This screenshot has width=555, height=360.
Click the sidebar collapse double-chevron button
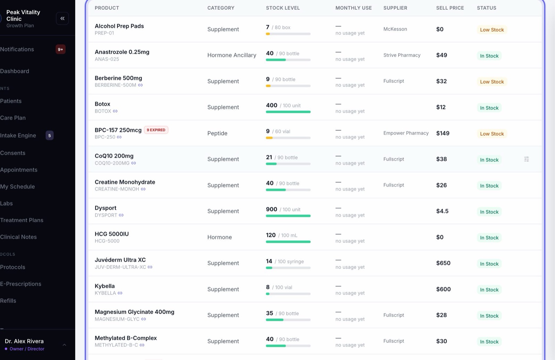(x=62, y=18)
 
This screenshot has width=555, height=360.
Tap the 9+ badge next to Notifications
(x=60, y=49)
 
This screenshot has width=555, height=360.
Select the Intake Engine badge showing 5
(x=50, y=135)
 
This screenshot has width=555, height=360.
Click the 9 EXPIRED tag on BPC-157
(x=156, y=130)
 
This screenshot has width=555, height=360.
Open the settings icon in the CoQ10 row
(x=527, y=159)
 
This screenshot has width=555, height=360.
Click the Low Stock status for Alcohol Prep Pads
(x=492, y=30)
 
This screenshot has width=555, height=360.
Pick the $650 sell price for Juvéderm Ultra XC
(x=443, y=263)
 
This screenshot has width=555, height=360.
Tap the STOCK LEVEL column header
(x=283, y=8)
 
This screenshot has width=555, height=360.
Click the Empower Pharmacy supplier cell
(x=406, y=133)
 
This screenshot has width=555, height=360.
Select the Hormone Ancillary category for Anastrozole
(x=232, y=55)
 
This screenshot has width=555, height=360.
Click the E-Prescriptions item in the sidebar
(x=20, y=284)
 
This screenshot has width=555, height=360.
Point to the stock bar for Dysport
(x=288, y=216)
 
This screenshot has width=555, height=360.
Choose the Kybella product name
(x=104, y=286)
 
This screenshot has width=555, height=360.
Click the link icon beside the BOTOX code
(x=115, y=111)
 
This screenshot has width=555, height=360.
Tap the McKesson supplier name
(x=395, y=29)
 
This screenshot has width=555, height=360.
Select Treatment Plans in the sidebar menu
(x=22, y=220)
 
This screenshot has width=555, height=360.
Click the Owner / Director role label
(x=27, y=349)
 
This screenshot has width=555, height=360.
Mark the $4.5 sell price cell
(x=442, y=211)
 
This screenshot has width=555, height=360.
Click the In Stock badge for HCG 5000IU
(x=489, y=238)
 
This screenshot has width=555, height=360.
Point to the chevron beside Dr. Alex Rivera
(x=65, y=345)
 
